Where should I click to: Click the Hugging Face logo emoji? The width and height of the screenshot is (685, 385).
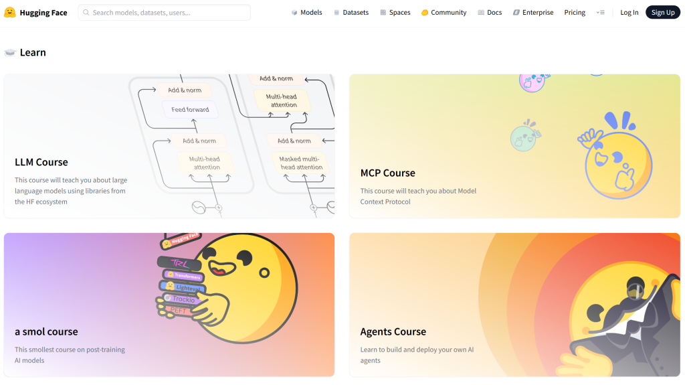(x=10, y=12)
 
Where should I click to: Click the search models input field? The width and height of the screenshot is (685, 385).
(x=164, y=12)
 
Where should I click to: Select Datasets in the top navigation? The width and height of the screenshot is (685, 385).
(x=351, y=12)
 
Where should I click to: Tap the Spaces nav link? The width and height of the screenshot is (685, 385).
(x=395, y=12)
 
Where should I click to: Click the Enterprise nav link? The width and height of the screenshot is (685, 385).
(x=533, y=12)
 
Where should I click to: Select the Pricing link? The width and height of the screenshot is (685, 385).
(x=575, y=12)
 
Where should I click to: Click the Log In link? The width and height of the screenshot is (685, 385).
(x=629, y=12)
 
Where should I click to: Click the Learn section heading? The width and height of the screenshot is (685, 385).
(x=33, y=52)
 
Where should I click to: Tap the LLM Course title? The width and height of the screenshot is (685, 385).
(x=41, y=162)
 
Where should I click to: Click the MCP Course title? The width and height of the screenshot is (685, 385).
(x=388, y=173)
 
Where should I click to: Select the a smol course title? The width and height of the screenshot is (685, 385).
(x=46, y=331)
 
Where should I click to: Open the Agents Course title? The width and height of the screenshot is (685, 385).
(x=393, y=331)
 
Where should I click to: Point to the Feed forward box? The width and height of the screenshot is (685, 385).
(x=190, y=109)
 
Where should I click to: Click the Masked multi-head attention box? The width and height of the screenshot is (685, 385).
(x=300, y=163)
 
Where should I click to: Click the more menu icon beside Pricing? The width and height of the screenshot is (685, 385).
(x=600, y=12)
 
